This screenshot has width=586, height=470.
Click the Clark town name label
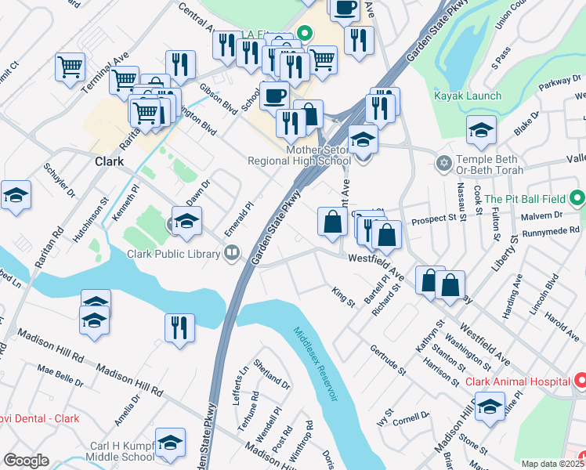pos(109,161)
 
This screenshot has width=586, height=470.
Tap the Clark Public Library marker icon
pos(231,253)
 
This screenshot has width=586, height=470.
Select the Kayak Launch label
pos(468,96)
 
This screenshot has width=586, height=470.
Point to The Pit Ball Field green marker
pos(577,198)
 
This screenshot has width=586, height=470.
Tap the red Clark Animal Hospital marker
pos(581,381)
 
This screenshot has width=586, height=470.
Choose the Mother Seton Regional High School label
pos(298,154)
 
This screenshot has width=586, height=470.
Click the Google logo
pos(26,460)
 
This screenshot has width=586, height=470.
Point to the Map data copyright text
pos(552,464)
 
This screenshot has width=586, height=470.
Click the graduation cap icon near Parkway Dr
pos(480,131)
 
